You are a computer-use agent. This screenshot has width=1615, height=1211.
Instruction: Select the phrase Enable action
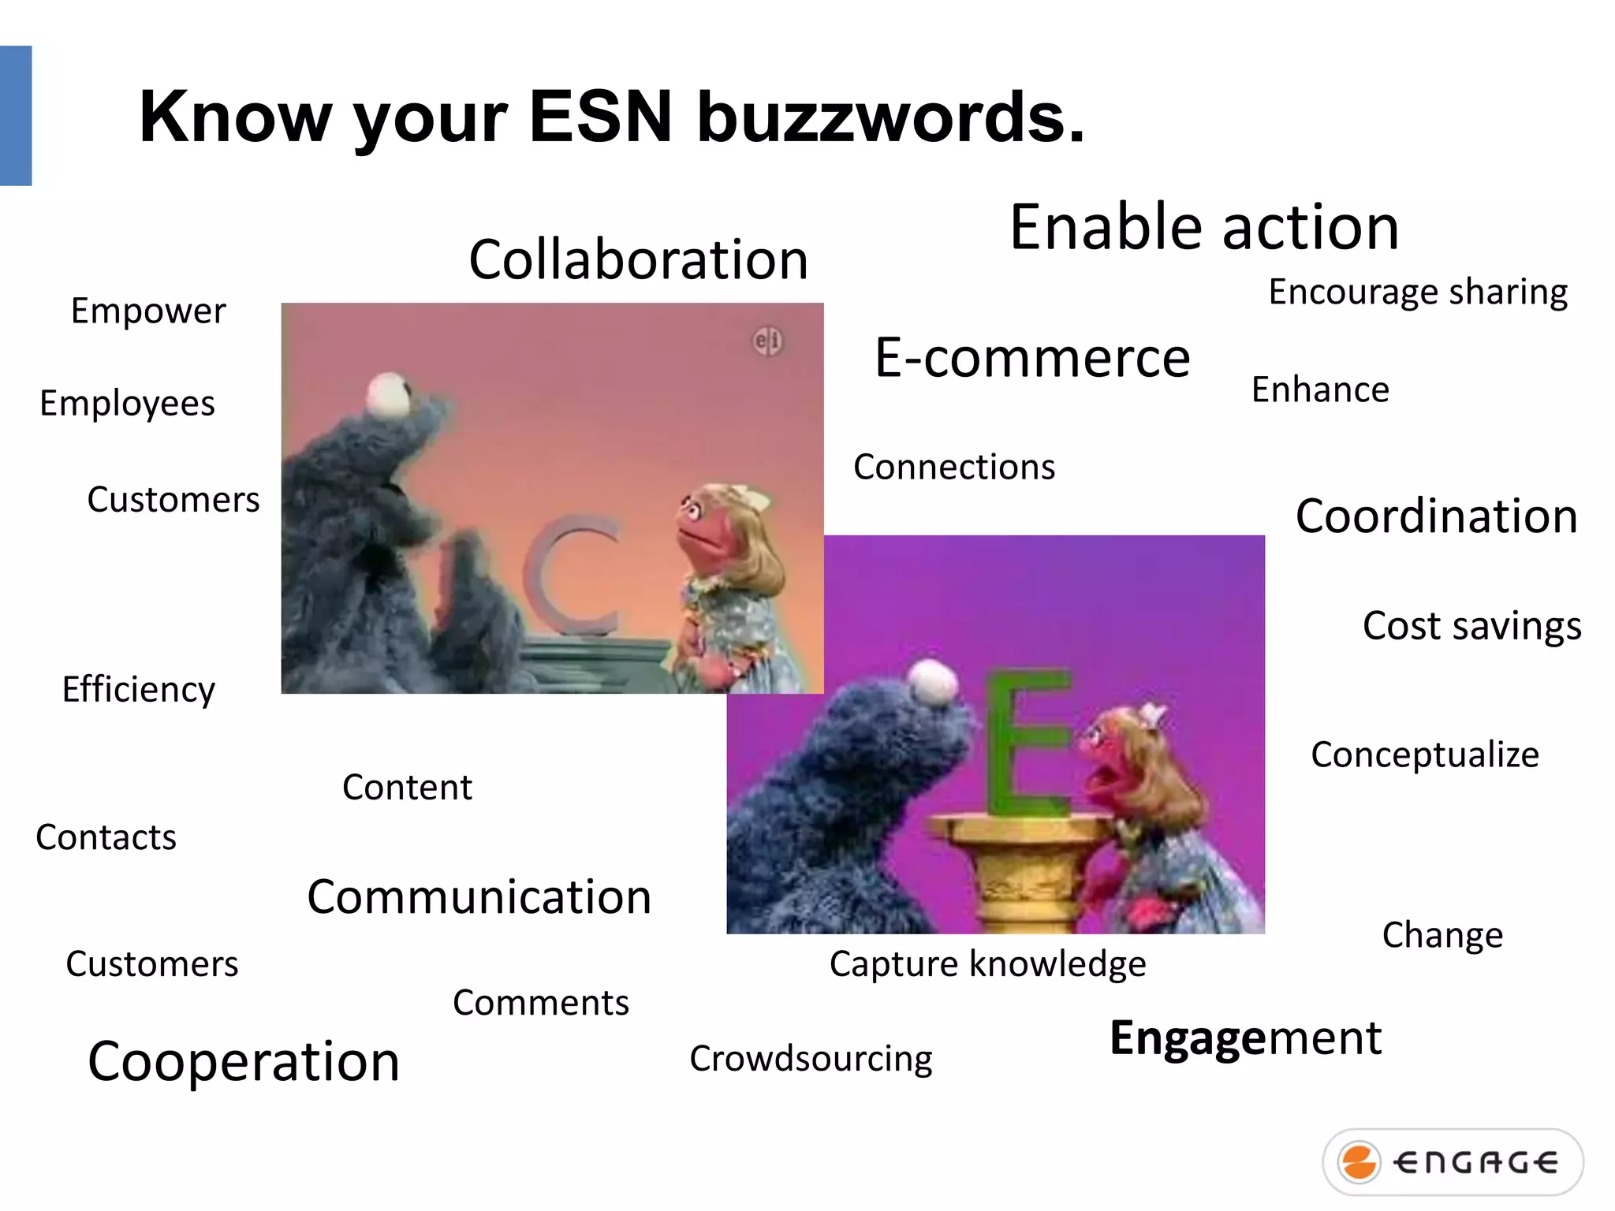click(1204, 227)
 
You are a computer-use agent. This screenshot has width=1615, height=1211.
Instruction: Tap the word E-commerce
click(1031, 358)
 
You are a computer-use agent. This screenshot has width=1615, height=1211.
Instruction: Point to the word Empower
click(148, 311)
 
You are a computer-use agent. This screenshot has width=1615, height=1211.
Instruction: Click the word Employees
click(127, 404)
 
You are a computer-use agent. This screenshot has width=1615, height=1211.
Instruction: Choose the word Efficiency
click(138, 690)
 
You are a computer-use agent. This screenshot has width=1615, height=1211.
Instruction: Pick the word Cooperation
click(244, 1061)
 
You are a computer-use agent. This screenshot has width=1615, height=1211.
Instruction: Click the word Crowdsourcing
click(811, 1058)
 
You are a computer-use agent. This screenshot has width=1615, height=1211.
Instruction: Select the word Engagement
click(1245, 1038)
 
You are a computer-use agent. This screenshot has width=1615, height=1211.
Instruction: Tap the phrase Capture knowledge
click(987, 964)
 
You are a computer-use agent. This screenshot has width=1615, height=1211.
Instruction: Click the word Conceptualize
click(1424, 755)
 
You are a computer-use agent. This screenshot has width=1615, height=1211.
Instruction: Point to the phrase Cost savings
click(1471, 626)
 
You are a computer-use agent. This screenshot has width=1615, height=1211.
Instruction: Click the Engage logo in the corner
click(1453, 1162)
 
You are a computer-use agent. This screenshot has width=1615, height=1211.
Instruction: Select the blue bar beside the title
click(16, 116)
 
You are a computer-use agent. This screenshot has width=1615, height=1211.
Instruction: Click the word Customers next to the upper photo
click(173, 500)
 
